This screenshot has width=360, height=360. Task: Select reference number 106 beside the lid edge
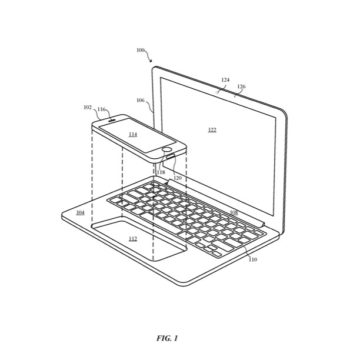(139, 102)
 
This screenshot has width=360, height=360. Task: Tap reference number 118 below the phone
(158, 172)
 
